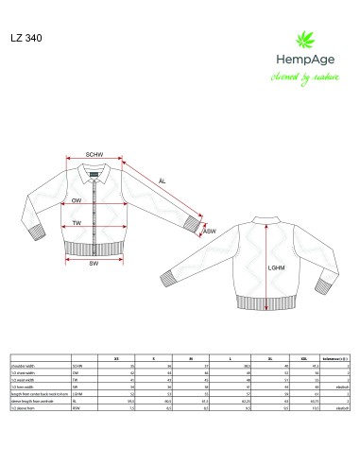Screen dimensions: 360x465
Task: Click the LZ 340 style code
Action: [26, 39]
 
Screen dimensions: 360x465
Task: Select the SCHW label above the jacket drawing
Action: [94, 154]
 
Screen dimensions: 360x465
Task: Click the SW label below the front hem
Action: [94, 264]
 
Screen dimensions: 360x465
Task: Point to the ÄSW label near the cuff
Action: [210, 231]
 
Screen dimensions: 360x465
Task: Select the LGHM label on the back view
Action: [277, 267]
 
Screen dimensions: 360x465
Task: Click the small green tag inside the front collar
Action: [94, 171]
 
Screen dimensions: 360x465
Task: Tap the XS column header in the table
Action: [115, 359]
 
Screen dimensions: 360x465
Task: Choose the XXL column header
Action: [301, 359]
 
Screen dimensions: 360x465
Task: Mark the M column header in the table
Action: [191, 359]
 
